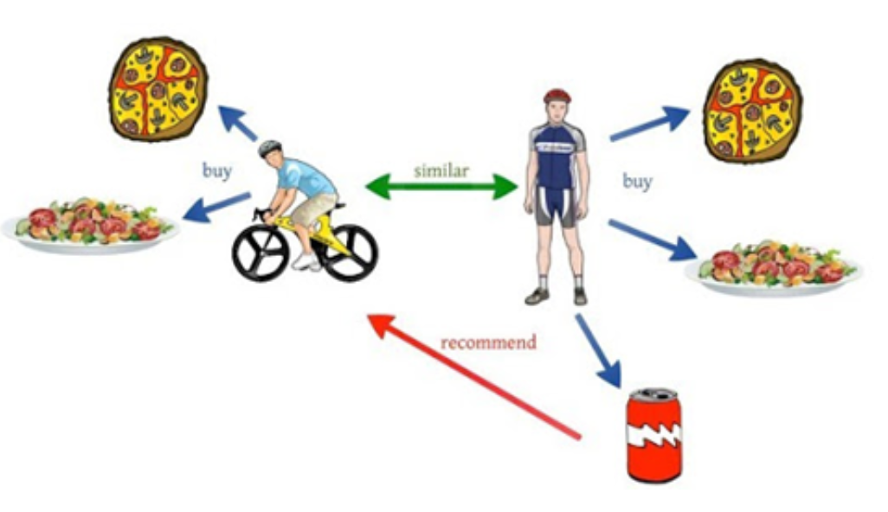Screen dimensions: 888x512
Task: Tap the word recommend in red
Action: tap(488, 342)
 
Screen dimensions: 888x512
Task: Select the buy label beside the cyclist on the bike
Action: tap(216, 171)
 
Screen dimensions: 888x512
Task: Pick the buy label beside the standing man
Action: tap(637, 182)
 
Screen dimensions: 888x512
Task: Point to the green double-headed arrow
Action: tap(441, 187)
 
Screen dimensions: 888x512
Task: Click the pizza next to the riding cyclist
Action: tap(158, 88)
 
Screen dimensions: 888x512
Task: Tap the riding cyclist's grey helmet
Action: tap(269, 149)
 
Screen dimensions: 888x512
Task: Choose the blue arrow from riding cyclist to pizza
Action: tap(237, 123)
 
